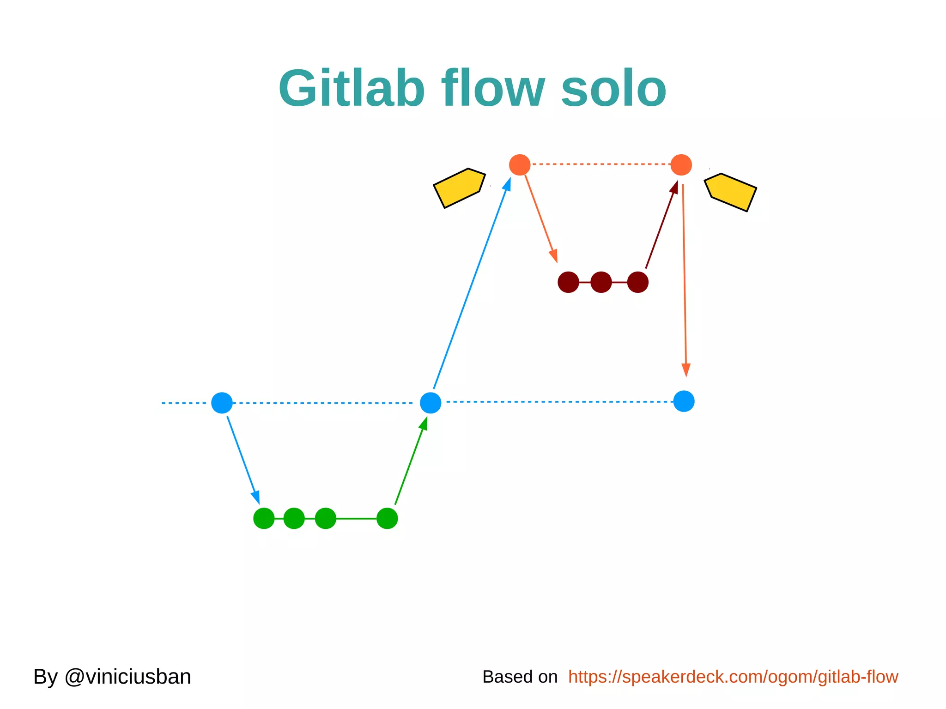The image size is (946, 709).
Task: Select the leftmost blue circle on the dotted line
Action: point(222,403)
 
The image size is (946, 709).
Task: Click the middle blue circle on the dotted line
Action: point(431,403)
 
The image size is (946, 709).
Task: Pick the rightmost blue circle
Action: point(684,401)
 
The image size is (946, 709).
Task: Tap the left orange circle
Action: point(520,165)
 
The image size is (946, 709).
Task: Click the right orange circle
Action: point(681,165)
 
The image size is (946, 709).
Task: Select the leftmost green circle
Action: point(264,518)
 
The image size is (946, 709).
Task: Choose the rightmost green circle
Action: point(387,518)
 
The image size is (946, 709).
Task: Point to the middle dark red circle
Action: point(601,282)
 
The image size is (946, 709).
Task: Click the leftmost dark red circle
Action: point(568,282)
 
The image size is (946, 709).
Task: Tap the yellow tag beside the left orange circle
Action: point(459,188)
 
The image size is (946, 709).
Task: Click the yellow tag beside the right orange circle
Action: point(731,192)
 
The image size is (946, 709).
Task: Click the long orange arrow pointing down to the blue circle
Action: point(685,277)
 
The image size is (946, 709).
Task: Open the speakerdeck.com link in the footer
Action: point(733,677)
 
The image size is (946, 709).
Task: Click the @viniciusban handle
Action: point(127,677)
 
